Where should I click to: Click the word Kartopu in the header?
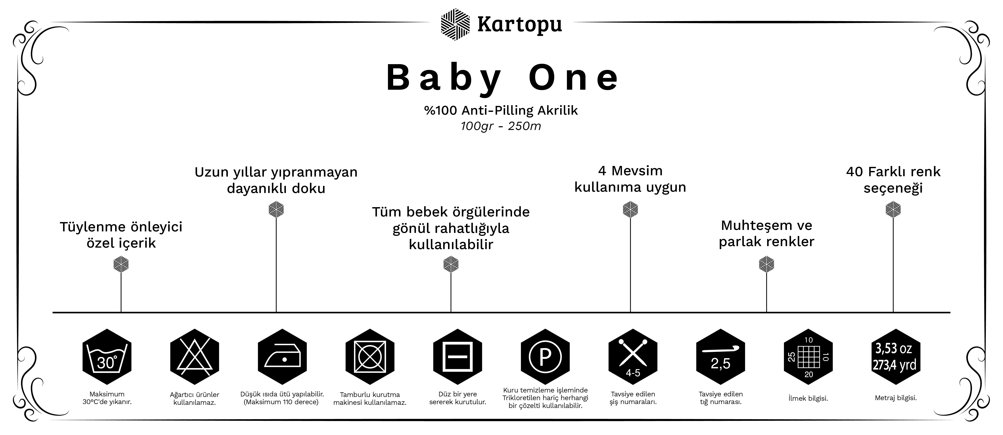[x=519, y=24]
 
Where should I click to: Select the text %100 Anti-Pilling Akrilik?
[x=501, y=111]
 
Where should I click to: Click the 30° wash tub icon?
[x=107, y=357]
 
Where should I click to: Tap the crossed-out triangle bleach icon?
[x=195, y=357]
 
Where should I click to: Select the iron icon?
[x=282, y=357]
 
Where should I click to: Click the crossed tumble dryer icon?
[x=370, y=357]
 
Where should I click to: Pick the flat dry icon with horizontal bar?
[x=458, y=357]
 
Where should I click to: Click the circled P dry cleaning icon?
[x=545, y=357]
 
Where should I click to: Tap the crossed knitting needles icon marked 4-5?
[x=633, y=357]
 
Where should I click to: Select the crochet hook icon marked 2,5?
[x=720, y=357]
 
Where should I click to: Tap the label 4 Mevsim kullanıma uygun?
[x=630, y=179]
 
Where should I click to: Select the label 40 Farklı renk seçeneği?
[x=893, y=180]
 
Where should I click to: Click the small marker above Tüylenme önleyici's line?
[x=121, y=265]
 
